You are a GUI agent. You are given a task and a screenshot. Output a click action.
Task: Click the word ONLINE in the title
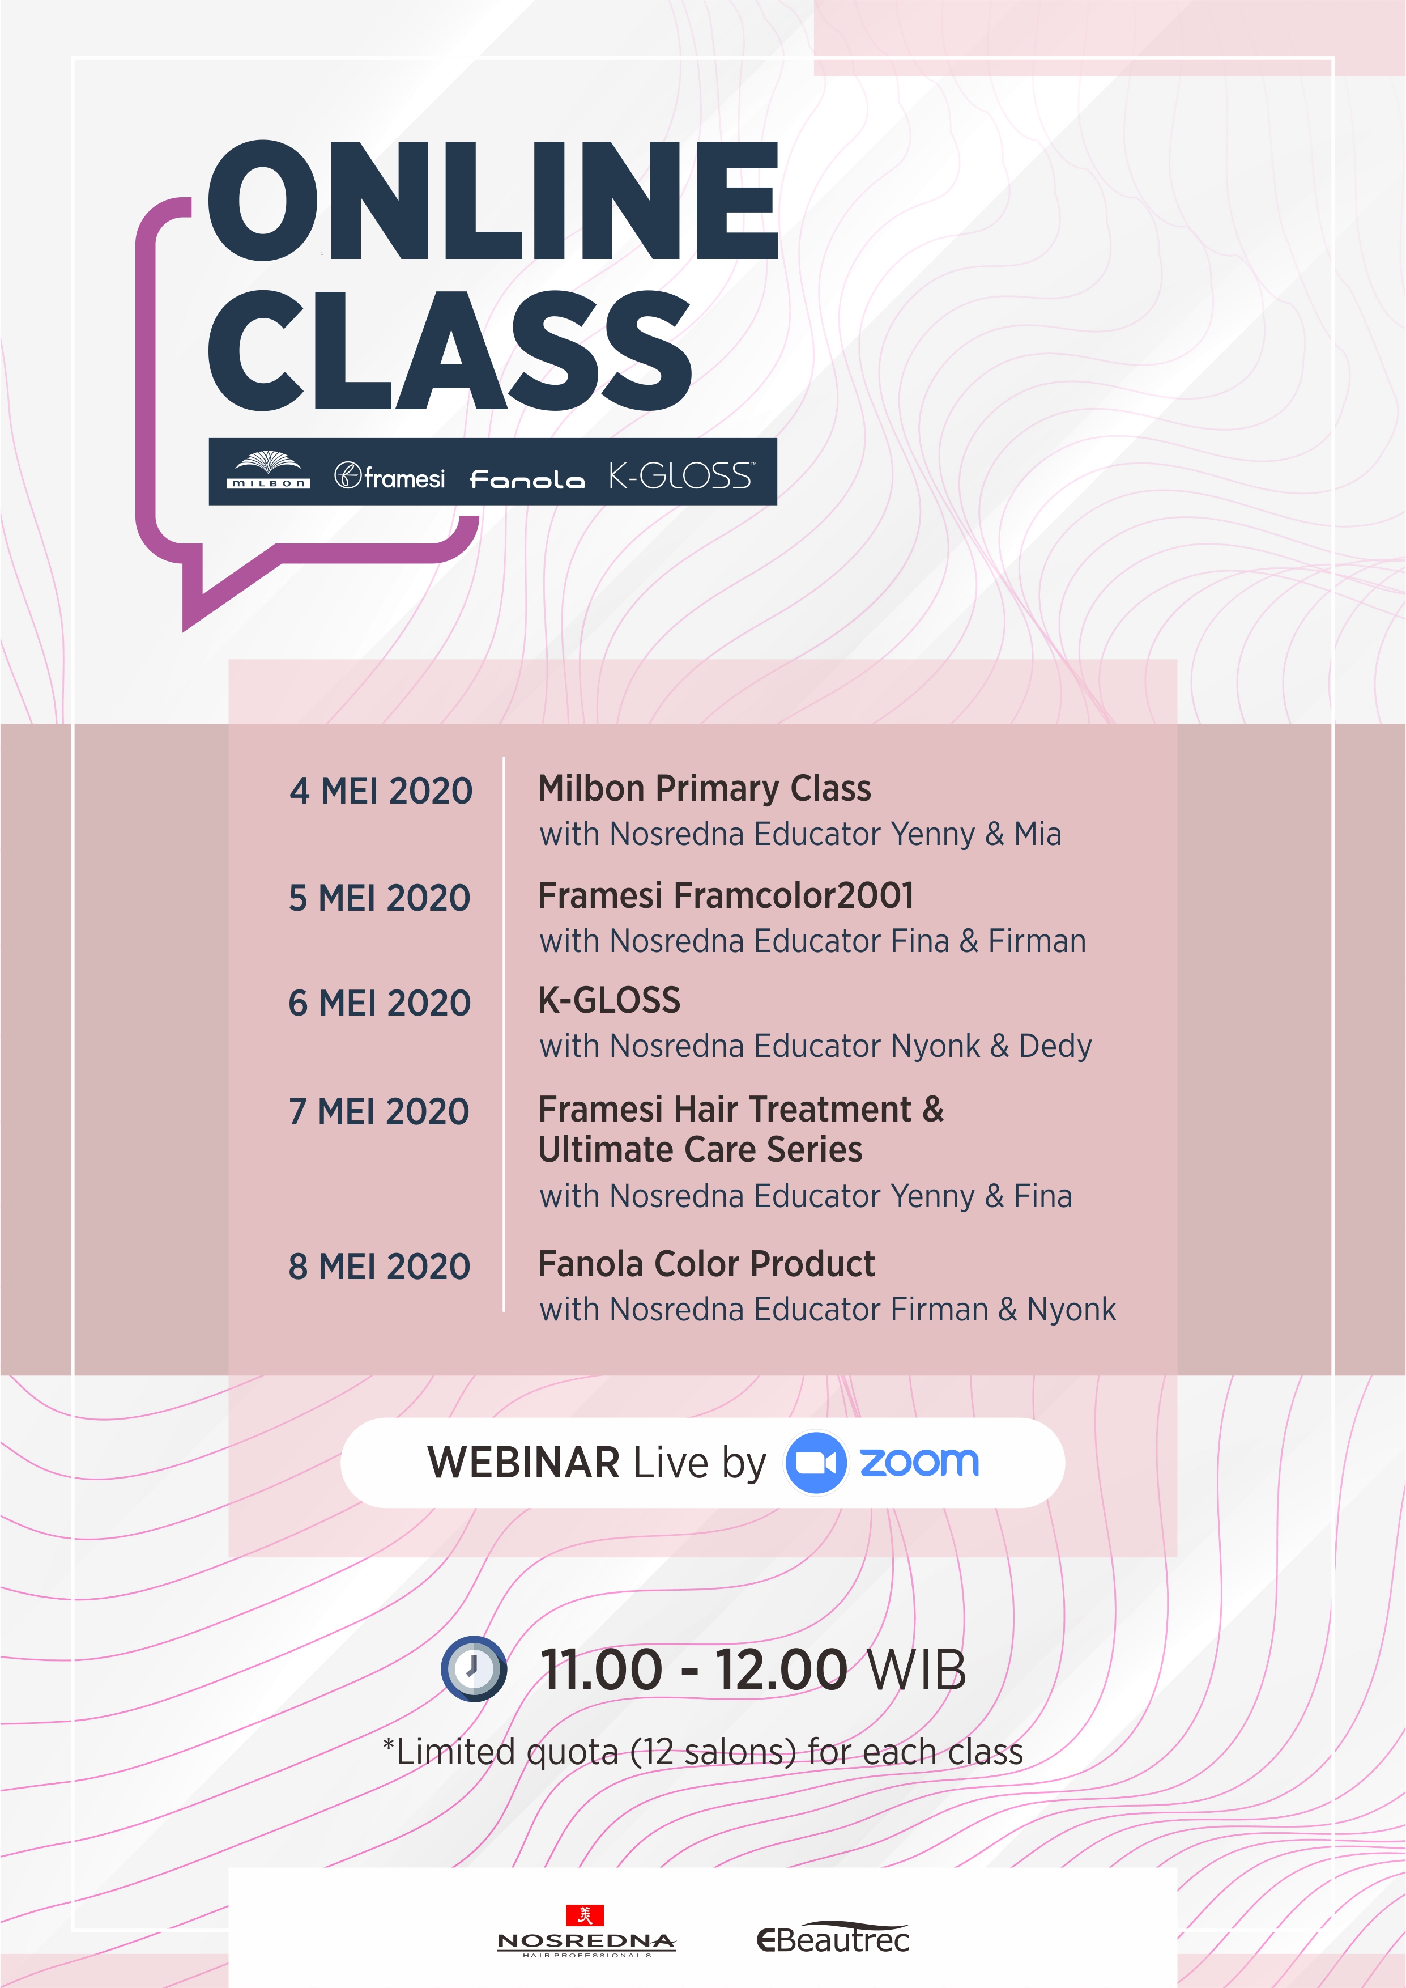[493, 200]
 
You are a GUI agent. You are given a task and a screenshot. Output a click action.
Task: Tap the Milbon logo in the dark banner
[269, 471]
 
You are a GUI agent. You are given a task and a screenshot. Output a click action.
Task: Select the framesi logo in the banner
[390, 476]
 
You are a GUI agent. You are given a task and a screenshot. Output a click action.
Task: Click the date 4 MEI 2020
[381, 791]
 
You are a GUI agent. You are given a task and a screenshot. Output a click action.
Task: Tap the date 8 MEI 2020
[379, 1267]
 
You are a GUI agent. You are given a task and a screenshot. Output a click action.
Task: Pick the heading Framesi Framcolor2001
[726, 896]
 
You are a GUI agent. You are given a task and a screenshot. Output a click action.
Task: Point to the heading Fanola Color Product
[706, 1264]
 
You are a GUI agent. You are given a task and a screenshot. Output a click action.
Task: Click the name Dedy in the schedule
[1055, 1047]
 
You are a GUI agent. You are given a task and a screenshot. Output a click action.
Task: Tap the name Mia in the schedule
[1038, 834]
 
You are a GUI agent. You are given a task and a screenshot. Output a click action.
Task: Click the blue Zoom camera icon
[816, 1463]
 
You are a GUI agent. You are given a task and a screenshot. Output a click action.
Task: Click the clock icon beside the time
[474, 1668]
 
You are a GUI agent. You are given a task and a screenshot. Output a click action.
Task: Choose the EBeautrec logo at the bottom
[833, 1938]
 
